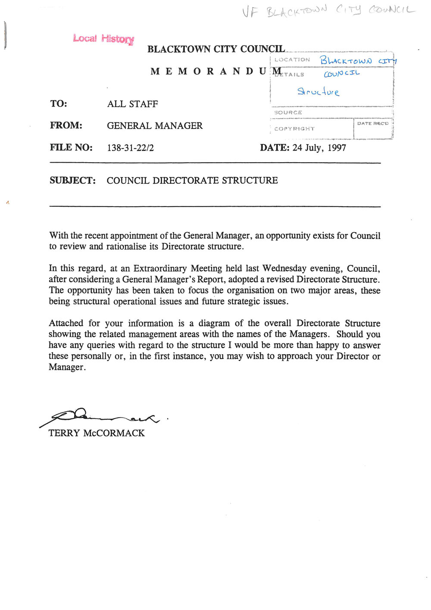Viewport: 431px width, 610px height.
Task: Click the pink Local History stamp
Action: (103, 39)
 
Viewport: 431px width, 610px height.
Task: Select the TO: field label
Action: (59, 104)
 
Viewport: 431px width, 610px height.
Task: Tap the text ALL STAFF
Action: (132, 104)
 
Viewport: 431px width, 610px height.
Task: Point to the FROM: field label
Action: (66, 126)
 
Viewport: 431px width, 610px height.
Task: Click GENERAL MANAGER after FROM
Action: (154, 126)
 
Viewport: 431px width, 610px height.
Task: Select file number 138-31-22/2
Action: (130, 148)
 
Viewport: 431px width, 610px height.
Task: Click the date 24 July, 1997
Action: (319, 148)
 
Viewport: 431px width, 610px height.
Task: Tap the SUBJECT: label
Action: (72, 180)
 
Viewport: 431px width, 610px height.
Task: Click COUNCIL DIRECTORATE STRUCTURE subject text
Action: (192, 180)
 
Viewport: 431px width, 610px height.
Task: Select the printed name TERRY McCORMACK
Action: (97, 433)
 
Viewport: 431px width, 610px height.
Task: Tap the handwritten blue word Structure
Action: (318, 91)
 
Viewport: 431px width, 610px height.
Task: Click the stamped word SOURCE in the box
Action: (288, 113)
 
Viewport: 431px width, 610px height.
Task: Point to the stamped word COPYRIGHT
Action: (294, 129)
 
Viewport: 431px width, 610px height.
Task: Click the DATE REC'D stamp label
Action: (372, 123)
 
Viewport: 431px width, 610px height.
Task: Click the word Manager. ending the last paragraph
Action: (67, 367)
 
